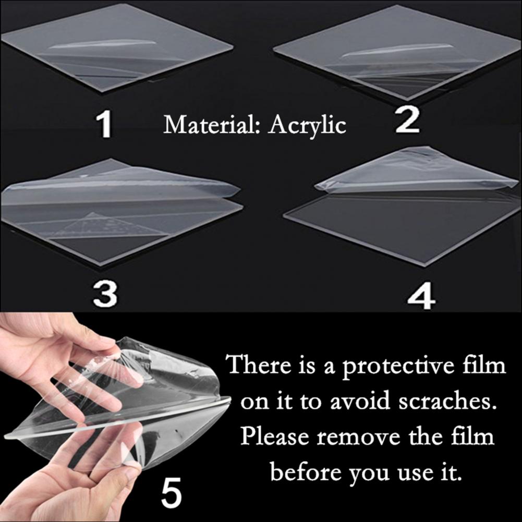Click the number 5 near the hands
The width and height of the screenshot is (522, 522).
click(x=172, y=491)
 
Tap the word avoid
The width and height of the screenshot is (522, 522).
click(x=359, y=401)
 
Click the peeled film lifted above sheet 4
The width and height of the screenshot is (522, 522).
click(x=416, y=172)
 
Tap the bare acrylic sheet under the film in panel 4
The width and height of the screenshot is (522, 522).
click(x=402, y=226)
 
